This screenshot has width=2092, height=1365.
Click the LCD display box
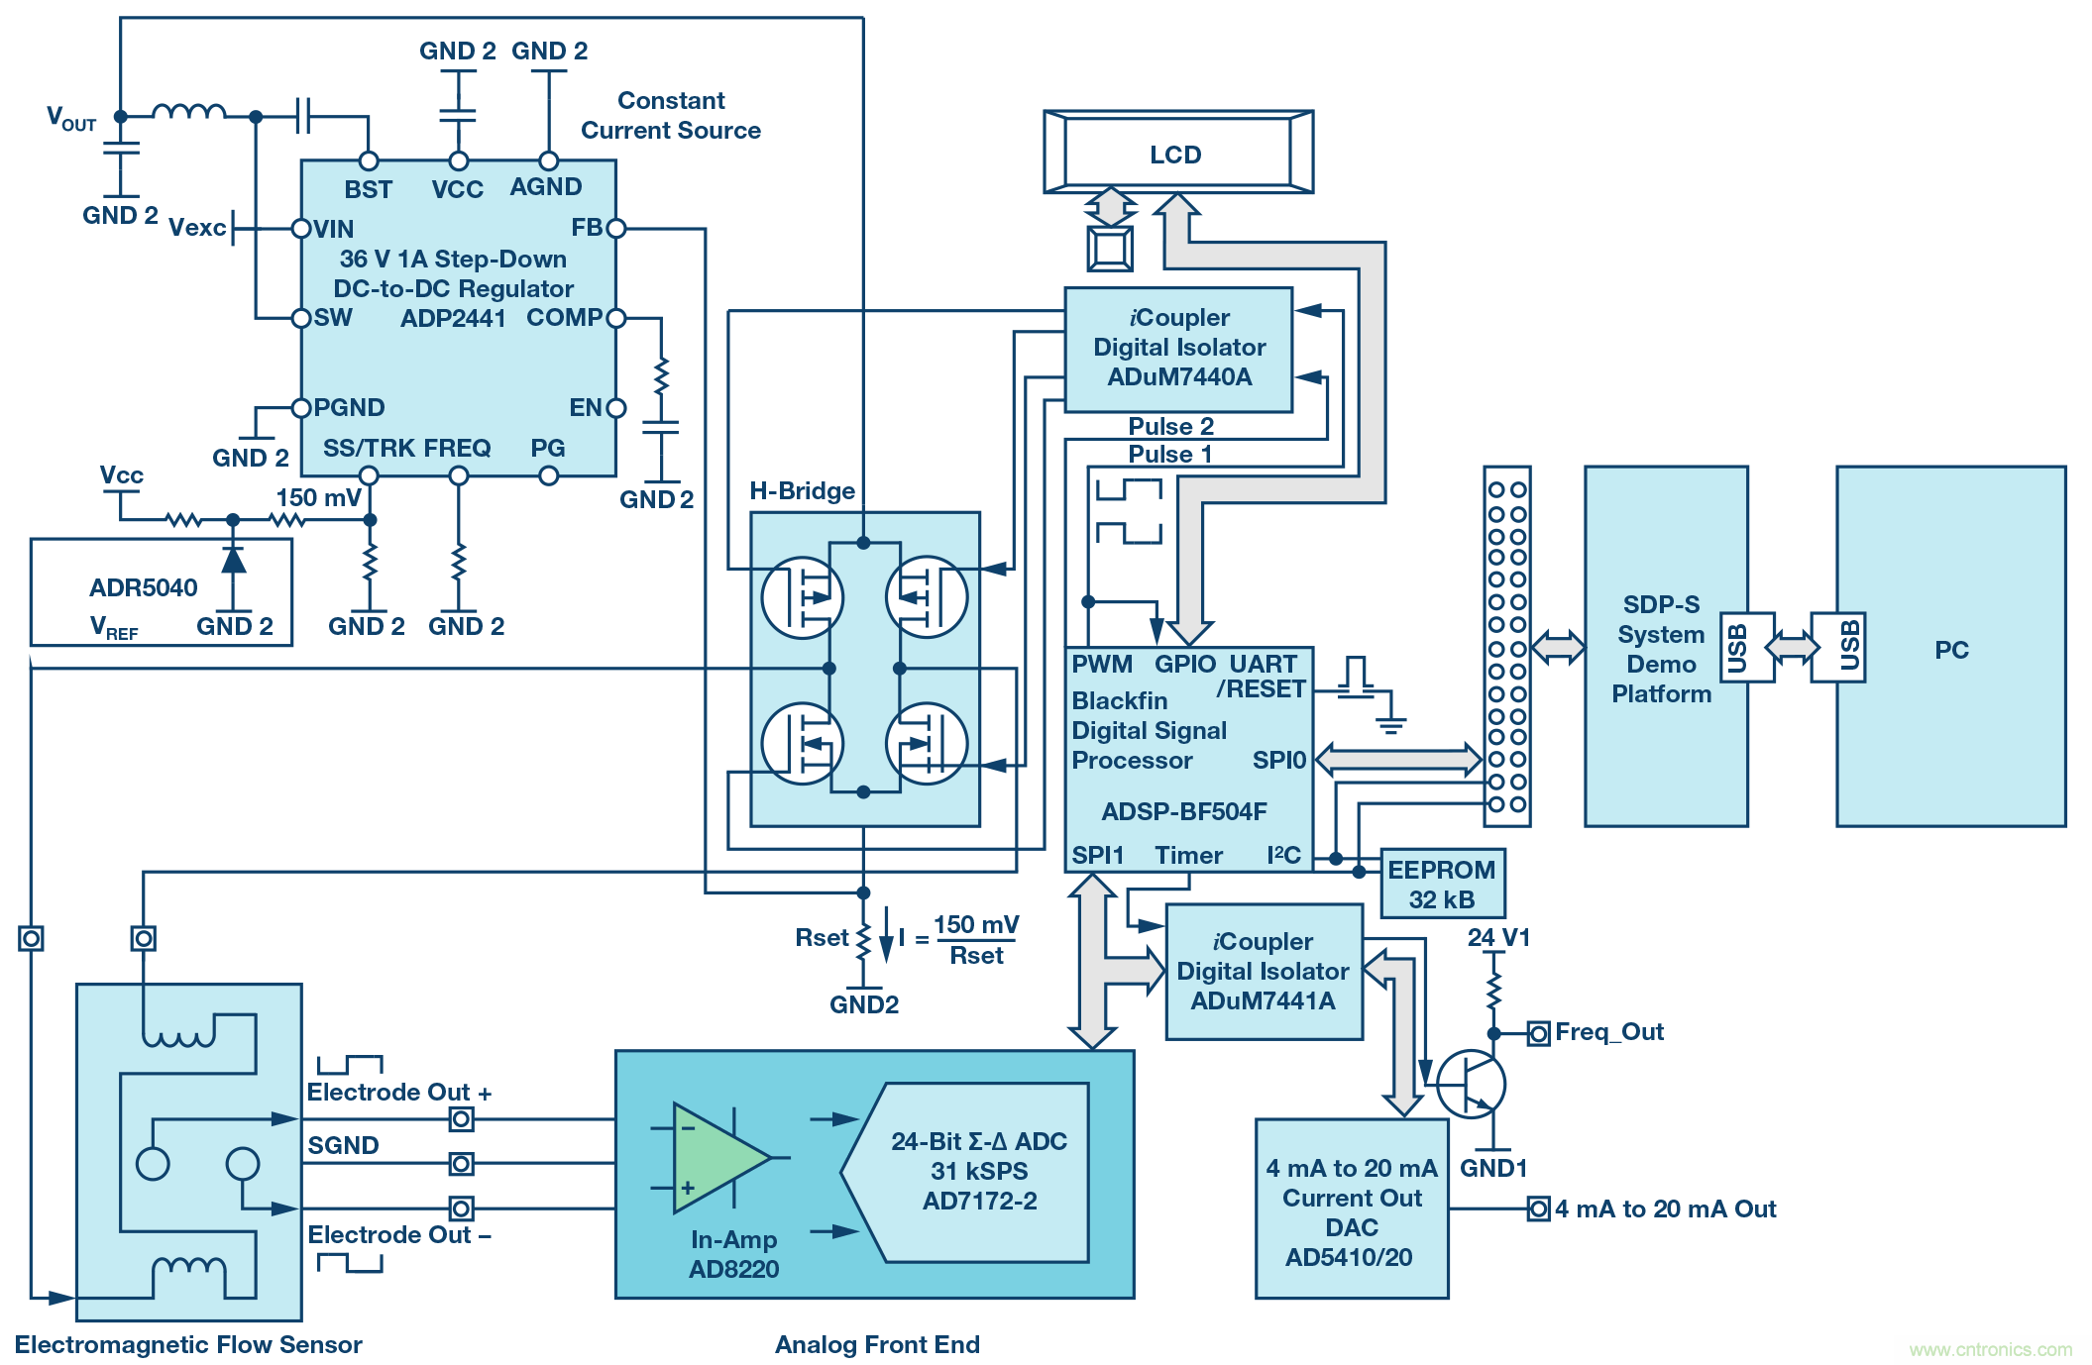[1177, 153]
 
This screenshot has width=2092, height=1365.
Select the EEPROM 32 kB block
[1442, 884]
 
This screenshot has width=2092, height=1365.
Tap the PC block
[1950, 647]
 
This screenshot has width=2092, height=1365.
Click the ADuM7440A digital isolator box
[1178, 349]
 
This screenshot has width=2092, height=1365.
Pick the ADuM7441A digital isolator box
[1264, 972]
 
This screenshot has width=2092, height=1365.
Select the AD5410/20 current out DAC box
[1351, 1209]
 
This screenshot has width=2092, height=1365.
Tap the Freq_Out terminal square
[1538, 1034]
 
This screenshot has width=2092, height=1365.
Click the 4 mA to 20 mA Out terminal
[1538, 1208]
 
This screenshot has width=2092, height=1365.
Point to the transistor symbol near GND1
[1472, 1084]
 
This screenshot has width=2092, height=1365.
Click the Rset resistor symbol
[864, 940]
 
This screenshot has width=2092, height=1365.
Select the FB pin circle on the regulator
[616, 229]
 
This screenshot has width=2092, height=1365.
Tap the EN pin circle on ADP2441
[616, 408]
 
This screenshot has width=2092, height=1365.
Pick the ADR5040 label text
[144, 587]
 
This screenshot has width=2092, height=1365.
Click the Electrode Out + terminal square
[461, 1119]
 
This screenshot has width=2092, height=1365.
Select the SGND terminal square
[461, 1163]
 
